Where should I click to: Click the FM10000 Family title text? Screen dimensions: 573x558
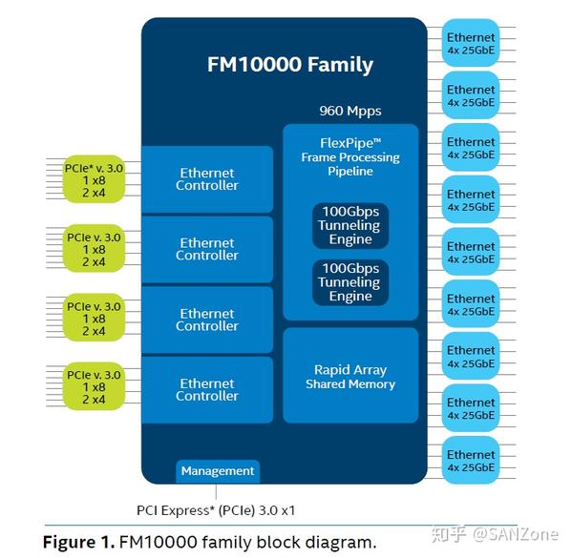(x=290, y=65)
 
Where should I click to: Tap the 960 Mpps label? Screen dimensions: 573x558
(x=350, y=111)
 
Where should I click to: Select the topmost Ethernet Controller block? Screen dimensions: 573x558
(x=207, y=179)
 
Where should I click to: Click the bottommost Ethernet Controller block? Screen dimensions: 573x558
(x=207, y=390)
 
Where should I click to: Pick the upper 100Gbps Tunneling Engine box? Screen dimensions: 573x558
(x=350, y=225)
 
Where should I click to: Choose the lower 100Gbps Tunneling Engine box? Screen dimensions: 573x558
(x=350, y=282)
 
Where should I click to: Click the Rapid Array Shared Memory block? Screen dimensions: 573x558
(x=350, y=376)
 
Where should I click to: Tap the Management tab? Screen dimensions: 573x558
(x=218, y=471)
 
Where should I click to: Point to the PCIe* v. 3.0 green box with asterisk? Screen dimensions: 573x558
(x=94, y=179)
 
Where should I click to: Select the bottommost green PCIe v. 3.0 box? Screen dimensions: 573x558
(x=94, y=386)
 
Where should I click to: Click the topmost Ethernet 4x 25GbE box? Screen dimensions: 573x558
(x=471, y=43)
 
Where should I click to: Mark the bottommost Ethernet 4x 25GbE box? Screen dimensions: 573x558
(x=471, y=460)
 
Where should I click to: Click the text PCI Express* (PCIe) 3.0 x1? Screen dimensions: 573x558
(x=216, y=510)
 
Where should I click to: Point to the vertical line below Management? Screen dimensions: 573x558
(x=216, y=491)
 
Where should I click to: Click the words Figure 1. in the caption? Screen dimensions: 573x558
(x=78, y=542)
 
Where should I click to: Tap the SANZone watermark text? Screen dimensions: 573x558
(x=516, y=534)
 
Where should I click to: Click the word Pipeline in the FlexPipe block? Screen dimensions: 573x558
(x=350, y=171)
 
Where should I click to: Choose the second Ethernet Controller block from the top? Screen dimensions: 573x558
(x=207, y=249)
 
